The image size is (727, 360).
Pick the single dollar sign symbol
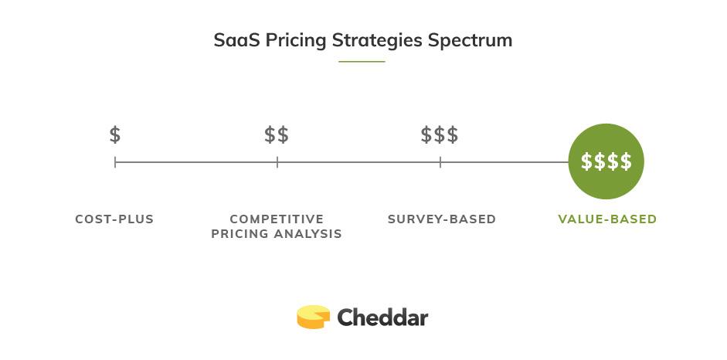point(115,135)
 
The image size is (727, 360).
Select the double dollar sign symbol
point(277,135)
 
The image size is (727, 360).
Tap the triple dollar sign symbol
point(440,135)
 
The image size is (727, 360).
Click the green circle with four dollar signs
point(606,161)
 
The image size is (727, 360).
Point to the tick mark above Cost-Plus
point(115,162)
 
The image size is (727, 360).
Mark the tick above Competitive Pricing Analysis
point(277,162)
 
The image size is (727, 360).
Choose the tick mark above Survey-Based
point(440,162)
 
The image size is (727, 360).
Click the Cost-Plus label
point(114,219)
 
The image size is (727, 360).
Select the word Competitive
point(277,219)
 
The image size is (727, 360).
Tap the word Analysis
point(311,234)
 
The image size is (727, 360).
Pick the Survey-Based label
point(442,219)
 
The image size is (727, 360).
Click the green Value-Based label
point(607,219)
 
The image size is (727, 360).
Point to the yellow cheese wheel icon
point(313,317)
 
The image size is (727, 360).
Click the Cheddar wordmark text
point(382,318)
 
